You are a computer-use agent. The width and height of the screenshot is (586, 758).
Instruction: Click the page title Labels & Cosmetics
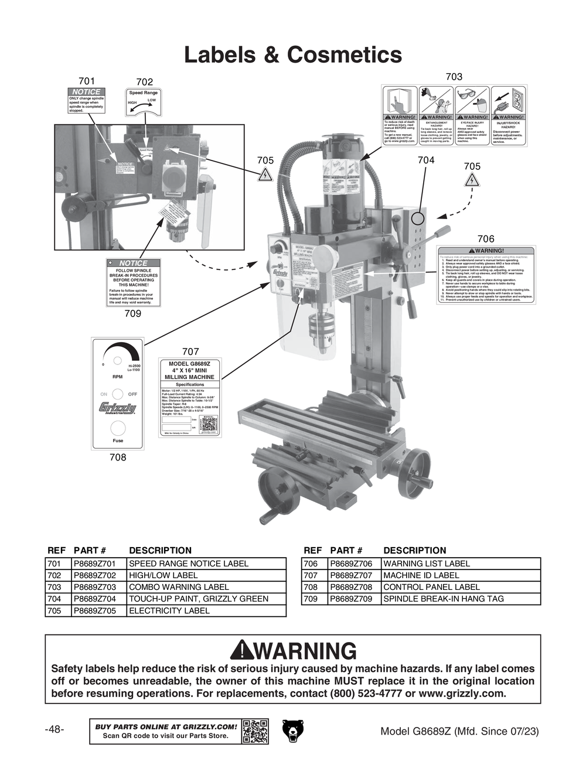(x=293, y=55)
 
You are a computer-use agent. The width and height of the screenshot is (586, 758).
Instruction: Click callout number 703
(x=454, y=77)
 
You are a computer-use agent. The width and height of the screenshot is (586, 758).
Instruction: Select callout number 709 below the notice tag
(x=133, y=313)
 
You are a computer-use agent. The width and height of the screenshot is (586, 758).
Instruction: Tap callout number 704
(x=426, y=160)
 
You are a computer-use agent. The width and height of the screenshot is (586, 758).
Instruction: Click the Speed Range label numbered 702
(x=144, y=101)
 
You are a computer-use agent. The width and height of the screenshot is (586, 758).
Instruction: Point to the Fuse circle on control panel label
(x=118, y=427)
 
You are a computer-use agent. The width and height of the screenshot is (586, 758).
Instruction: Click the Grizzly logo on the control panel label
(x=117, y=408)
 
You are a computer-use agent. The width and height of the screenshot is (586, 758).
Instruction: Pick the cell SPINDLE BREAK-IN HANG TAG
(x=444, y=599)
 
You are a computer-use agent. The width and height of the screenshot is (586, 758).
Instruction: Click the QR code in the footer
(x=255, y=731)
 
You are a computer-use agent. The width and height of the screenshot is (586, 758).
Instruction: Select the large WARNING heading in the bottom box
(x=293, y=651)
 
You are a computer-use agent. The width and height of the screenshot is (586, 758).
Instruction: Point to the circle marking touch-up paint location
(x=417, y=218)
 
